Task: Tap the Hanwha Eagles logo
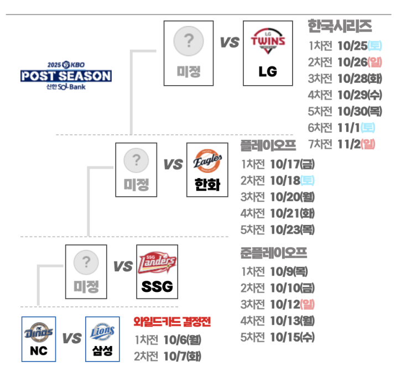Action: tap(207, 162)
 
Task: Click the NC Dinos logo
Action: tap(39, 332)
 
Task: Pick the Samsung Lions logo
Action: tap(102, 332)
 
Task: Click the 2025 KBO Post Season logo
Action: tap(66, 75)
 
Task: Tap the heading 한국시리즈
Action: tap(340, 26)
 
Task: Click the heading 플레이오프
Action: tap(268, 146)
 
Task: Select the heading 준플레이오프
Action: tap(273, 253)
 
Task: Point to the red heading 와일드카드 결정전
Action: tap(172, 322)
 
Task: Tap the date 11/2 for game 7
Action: tap(348, 144)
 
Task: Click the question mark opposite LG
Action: tap(189, 40)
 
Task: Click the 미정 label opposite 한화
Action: tap(136, 184)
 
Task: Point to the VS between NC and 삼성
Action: tap(71, 338)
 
